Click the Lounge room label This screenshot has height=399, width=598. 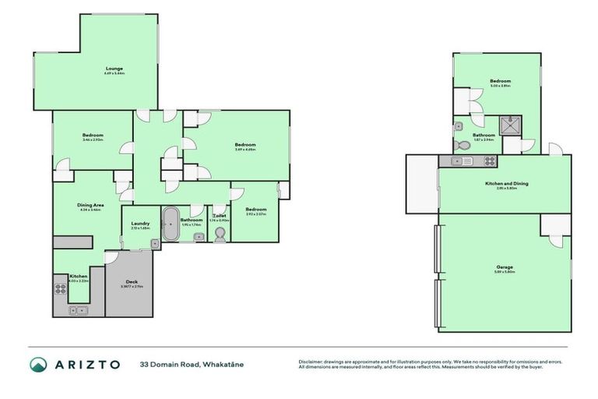[114, 71]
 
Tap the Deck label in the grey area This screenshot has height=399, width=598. [125, 284]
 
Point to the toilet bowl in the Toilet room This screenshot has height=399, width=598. [219, 231]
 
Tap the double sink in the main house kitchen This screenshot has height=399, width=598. [78, 310]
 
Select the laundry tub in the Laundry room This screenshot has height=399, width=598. [155, 244]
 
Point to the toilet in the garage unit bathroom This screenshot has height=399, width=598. [463, 145]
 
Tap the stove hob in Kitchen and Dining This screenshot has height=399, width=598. [490, 161]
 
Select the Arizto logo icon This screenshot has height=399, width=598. [38, 365]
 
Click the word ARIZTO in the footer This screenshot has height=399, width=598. [87, 365]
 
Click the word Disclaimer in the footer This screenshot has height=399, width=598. [311, 362]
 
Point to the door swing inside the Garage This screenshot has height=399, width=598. [555, 237]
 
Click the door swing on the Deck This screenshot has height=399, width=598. [111, 257]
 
